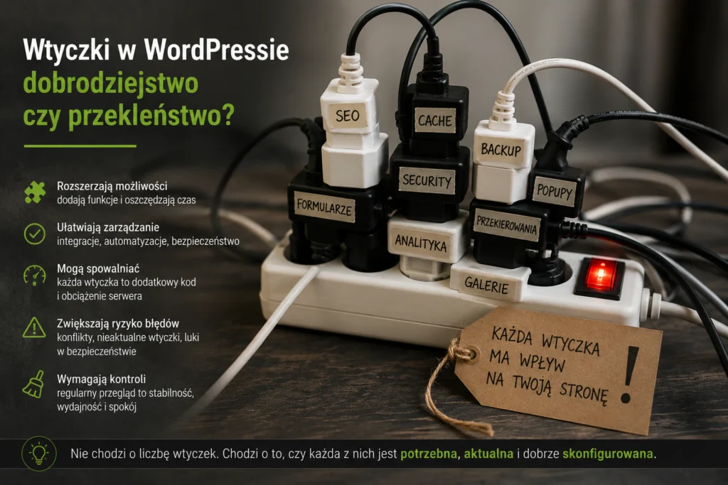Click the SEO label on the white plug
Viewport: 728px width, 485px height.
click(x=348, y=116)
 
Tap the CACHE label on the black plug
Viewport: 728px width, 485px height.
click(x=435, y=121)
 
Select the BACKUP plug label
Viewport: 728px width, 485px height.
click(x=501, y=150)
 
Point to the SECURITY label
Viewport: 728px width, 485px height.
click(x=427, y=180)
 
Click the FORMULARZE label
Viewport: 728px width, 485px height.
click(x=324, y=207)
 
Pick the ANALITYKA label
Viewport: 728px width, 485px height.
click(x=421, y=243)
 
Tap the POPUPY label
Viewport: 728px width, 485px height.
click(x=555, y=191)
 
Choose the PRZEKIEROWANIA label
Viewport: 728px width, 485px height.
click(x=506, y=225)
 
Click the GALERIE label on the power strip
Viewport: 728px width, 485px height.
click(x=486, y=285)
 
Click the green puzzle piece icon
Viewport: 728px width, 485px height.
click(x=35, y=192)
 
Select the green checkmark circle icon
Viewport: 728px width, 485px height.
click(x=35, y=234)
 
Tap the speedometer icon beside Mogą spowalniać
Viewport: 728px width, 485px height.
click(x=35, y=276)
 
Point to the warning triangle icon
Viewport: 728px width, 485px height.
click(x=34, y=328)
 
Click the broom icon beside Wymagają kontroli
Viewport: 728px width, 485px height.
click(x=34, y=384)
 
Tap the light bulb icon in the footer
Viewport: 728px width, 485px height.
click(x=39, y=454)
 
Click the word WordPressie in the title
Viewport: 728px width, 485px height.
click(x=216, y=50)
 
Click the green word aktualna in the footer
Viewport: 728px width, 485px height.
click(x=488, y=454)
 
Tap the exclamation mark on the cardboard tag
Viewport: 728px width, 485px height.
click(x=629, y=375)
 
